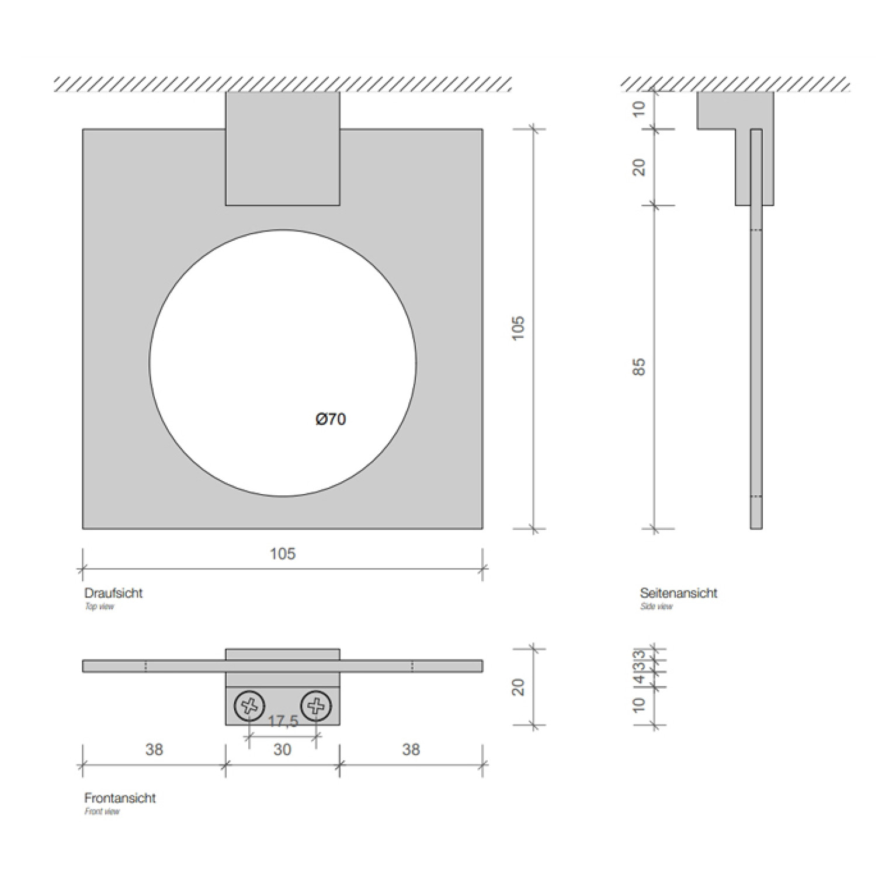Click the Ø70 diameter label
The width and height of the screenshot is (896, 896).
coord(331,419)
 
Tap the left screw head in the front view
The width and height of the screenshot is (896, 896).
coord(249,707)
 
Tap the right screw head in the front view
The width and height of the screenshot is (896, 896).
coord(316,707)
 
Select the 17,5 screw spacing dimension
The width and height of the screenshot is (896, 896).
coord(283,722)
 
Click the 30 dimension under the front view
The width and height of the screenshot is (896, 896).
coord(282,749)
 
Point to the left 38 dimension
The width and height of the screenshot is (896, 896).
coord(154,749)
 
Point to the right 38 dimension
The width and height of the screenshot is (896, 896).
coord(411,749)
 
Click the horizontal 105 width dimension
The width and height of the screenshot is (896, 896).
coord(283,554)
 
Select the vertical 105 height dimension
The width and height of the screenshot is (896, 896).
coord(518,329)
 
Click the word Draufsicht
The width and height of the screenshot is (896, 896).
coord(113,593)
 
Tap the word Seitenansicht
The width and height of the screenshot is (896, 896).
coord(678,593)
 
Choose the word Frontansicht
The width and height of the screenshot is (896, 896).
coord(120,798)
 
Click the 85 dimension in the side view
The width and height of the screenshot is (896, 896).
coord(640,367)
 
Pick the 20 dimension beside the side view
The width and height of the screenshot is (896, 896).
coord(640,168)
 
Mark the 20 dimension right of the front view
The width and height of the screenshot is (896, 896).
coord(518,687)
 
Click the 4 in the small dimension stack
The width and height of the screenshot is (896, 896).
coord(640,679)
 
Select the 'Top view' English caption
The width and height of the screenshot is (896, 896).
coord(99,607)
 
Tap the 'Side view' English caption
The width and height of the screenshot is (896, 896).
coord(656,607)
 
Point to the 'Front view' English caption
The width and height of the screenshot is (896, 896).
coord(102,812)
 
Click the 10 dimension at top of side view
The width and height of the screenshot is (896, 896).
coord(640,109)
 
